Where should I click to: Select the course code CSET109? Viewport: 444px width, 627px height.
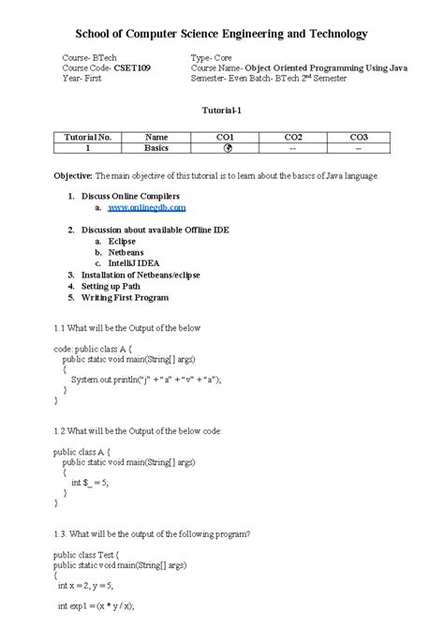coord(131,68)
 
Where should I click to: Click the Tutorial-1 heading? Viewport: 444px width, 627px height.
coord(222,110)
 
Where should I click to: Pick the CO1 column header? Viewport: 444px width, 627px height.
coord(225,137)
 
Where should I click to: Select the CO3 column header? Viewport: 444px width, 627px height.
coord(359,137)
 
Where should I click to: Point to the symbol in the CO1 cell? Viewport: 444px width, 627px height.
coord(225,148)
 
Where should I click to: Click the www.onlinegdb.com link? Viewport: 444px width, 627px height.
coord(146,207)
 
